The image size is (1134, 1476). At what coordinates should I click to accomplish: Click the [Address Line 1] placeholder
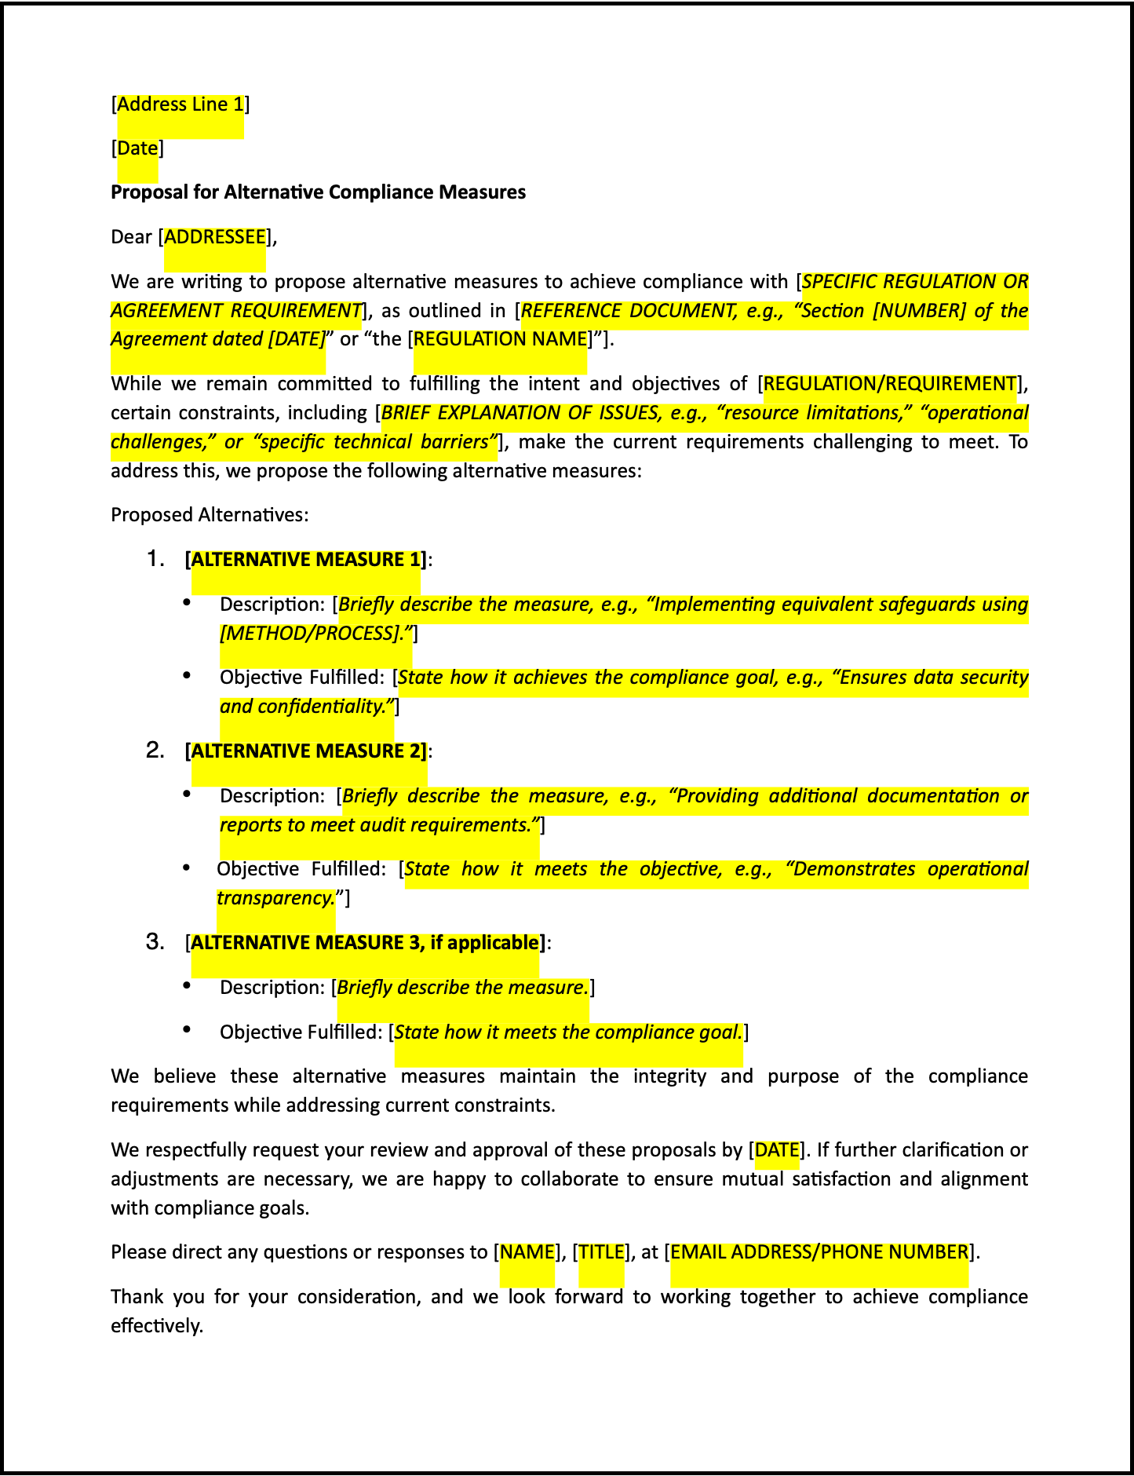180,104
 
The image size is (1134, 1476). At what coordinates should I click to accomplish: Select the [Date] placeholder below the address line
137,148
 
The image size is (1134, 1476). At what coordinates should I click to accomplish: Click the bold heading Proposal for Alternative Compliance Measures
318,192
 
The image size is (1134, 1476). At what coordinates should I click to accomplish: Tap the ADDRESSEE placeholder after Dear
215,237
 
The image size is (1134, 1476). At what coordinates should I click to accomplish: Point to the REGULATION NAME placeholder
500,339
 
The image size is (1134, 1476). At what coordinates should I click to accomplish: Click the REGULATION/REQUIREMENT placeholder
889,384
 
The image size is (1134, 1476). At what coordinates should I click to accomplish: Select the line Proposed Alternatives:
210,515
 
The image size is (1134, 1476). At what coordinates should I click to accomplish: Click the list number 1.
155,559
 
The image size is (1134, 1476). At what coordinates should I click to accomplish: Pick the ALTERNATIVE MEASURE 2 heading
306,751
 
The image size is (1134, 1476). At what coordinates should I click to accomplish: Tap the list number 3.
155,942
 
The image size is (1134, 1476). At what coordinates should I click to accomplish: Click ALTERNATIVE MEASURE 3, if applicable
365,943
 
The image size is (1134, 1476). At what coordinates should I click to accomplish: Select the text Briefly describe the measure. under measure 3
462,988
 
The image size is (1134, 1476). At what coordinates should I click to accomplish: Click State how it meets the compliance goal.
567,1032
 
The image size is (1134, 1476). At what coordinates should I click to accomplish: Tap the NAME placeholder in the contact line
527,1252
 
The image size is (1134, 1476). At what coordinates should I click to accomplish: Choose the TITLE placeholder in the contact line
601,1252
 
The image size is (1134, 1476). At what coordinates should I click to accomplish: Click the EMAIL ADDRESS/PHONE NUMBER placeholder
819,1252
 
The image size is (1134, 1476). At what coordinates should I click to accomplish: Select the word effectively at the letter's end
156,1326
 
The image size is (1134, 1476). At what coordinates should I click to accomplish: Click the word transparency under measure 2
275,898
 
